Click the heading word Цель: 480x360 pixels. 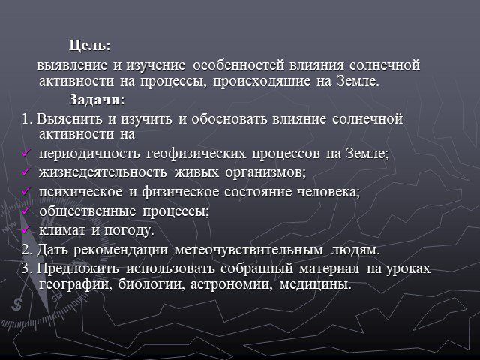coord(89,46)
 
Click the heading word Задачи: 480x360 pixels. coord(97,100)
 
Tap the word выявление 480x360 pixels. coord(72,65)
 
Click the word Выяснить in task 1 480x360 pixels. coord(70,119)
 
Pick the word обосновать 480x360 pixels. coord(229,119)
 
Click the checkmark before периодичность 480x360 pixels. coord(26,152)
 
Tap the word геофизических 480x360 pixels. coord(196,154)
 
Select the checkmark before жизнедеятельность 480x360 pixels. coord(26,172)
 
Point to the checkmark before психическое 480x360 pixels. coord(26,191)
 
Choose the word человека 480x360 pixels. coord(328,192)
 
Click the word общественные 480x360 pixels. coord(88,211)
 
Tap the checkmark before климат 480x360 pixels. coord(26,229)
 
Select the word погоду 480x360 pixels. coord(129,231)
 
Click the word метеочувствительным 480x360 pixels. coord(249,250)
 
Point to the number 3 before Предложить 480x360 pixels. coord(25,268)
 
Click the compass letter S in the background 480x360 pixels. coord(17,304)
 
